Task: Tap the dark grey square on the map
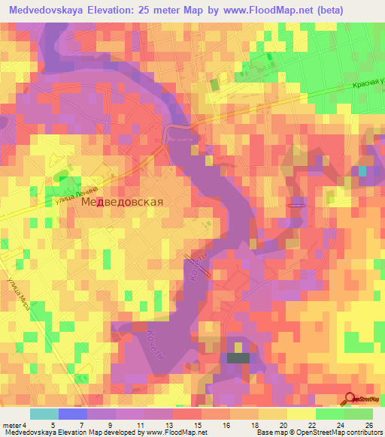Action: click(x=238, y=358)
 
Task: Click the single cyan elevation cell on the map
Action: click(x=363, y=171)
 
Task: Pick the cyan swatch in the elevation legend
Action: click(x=44, y=414)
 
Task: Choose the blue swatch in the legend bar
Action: click(x=72, y=414)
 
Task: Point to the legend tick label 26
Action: click(x=368, y=425)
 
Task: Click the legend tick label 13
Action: click(x=168, y=425)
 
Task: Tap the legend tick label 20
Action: click(x=283, y=425)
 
